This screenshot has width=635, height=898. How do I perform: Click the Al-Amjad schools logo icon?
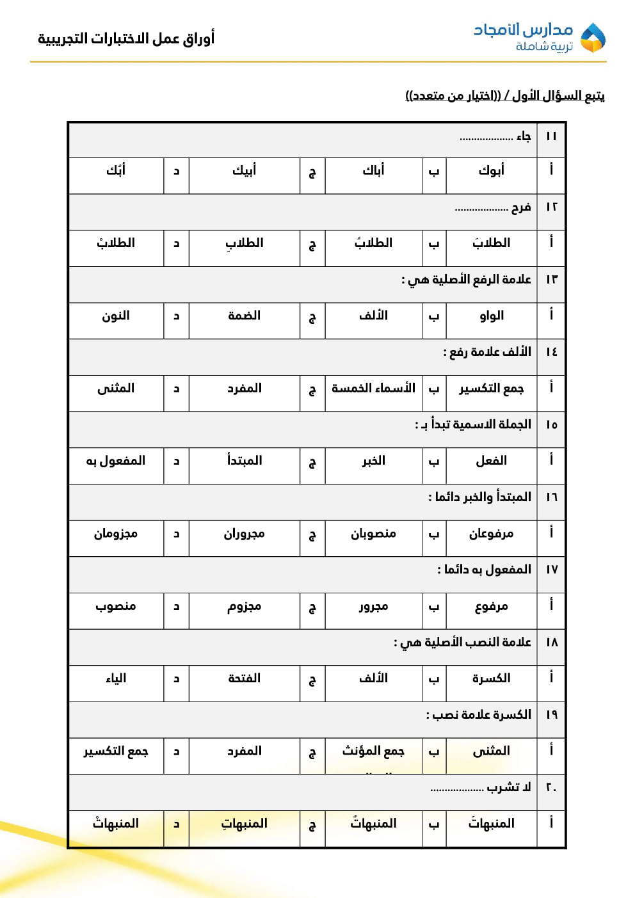[x=592, y=38]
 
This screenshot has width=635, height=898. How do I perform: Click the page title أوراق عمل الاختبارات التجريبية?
[x=126, y=38]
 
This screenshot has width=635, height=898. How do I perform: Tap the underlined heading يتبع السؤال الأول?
[x=504, y=96]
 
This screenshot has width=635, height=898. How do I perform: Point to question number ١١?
[x=551, y=136]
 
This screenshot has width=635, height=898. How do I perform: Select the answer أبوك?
[x=491, y=170]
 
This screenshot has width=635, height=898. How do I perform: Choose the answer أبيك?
[x=244, y=170]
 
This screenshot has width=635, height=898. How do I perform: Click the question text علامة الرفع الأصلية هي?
[x=467, y=280]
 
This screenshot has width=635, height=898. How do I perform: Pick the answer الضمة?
[x=244, y=316]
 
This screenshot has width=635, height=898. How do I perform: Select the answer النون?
[x=116, y=316]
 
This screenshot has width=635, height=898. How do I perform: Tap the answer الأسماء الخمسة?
[x=373, y=388]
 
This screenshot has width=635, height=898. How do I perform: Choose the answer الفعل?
[x=491, y=461]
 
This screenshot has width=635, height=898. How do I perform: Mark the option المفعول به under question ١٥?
[x=116, y=461]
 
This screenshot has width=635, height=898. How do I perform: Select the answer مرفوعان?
[x=491, y=534]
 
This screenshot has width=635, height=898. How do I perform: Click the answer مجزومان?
[x=116, y=534]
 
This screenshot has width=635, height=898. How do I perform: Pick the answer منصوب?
[x=116, y=606]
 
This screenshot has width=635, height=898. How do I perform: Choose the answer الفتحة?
[x=244, y=678]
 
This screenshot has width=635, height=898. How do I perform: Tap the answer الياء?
[x=116, y=678]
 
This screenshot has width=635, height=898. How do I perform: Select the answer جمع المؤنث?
[x=373, y=751]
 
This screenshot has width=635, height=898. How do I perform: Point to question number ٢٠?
[x=551, y=787]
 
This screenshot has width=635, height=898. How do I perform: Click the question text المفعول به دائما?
[x=485, y=570]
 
